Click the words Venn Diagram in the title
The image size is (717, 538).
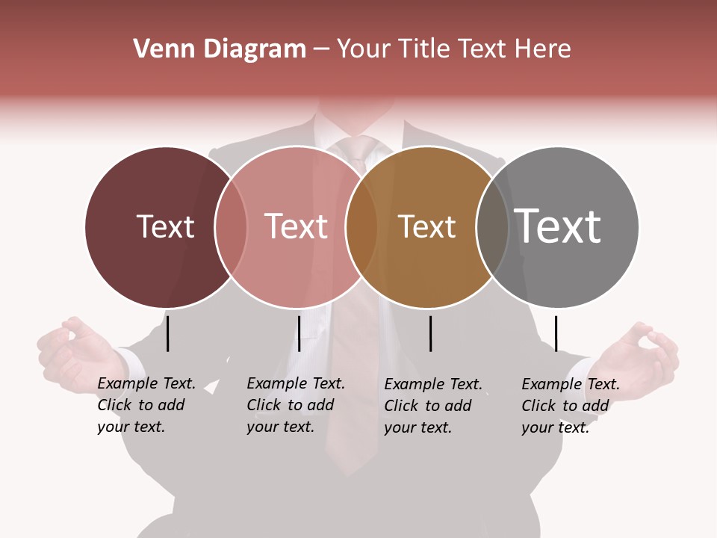(x=220, y=49)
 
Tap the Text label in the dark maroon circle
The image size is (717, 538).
(x=165, y=226)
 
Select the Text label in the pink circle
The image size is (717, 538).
(x=297, y=226)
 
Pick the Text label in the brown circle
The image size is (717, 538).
(x=426, y=226)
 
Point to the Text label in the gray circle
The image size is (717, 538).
(x=558, y=226)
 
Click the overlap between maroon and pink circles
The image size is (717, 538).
(x=231, y=226)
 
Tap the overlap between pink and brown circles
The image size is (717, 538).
(x=361, y=226)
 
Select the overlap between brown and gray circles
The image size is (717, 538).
(x=492, y=226)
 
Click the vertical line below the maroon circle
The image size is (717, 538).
(x=168, y=333)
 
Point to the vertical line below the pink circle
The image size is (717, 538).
(x=299, y=333)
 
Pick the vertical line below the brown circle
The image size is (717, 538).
(x=430, y=333)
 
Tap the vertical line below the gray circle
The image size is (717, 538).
(x=556, y=333)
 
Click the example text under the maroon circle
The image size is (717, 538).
(x=146, y=405)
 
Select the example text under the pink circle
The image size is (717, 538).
(x=295, y=405)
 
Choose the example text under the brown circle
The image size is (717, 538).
(x=432, y=406)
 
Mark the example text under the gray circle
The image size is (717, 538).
(x=570, y=406)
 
